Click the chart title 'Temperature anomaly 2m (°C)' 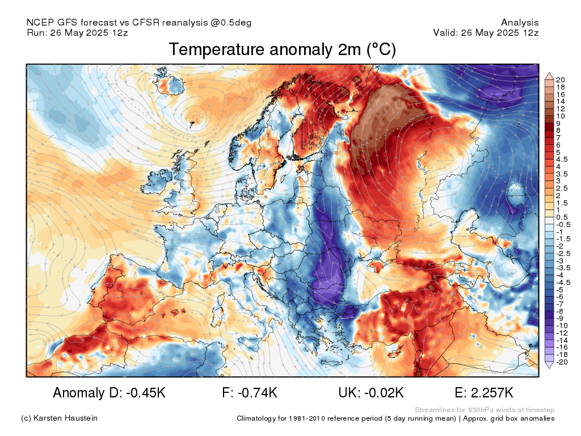[282, 50]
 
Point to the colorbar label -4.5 [563, 282]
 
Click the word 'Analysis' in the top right [520, 23]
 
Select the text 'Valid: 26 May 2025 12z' [486, 33]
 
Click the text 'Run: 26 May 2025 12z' [77, 33]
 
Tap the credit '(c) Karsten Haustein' [59, 418]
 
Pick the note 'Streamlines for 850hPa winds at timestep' [485, 410]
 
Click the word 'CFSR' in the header [146, 23]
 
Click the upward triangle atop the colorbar [549, 76]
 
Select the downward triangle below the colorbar [549, 366]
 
